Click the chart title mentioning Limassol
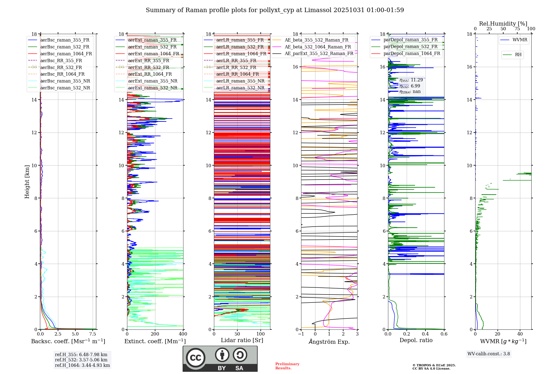(x=275, y=10)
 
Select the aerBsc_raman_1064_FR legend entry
(x=66, y=54)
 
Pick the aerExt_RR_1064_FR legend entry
(x=150, y=74)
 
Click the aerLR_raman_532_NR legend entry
(x=240, y=88)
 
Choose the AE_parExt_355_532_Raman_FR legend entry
(x=319, y=53)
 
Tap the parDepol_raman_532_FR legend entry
(x=410, y=46)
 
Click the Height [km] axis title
(x=27, y=182)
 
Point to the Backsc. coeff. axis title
(x=68, y=341)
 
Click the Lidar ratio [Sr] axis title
(x=242, y=340)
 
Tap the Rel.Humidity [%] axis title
(x=503, y=24)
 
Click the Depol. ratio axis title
(x=416, y=340)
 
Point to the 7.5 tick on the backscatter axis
(x=93, y=334)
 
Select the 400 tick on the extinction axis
(x=183, y=334)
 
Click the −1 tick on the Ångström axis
(x=301, y=334)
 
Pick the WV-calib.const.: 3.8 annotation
(x=489, y=354)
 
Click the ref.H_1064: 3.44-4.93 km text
(x=82, y=365)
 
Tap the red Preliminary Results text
(x=287, y=366)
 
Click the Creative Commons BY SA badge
(x=220, y=359)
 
